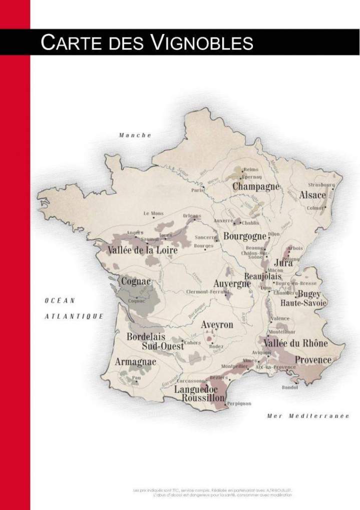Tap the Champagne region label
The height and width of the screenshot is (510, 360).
tap(256, 186)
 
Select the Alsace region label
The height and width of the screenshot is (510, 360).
tap(312, 195)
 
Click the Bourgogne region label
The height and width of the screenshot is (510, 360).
tap(244, 236)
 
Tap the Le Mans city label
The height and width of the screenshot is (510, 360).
tap(154, 214)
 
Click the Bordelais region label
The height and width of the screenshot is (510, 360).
tap(146, 337)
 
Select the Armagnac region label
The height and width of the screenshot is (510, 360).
tap(136, 362)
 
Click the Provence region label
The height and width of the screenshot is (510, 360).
tap(313, 360)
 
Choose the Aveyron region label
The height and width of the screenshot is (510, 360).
tap(217, 325)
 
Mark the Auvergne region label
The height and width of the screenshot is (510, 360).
tap(232, 283)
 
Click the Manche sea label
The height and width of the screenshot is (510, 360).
tap(135, 136)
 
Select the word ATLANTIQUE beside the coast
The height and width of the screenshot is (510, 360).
tap(74, 316)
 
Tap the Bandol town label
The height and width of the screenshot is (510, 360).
tap(290, 387)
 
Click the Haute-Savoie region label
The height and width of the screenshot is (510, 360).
tap(303, 303)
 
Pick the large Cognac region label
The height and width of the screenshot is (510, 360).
tap(136, 281)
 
